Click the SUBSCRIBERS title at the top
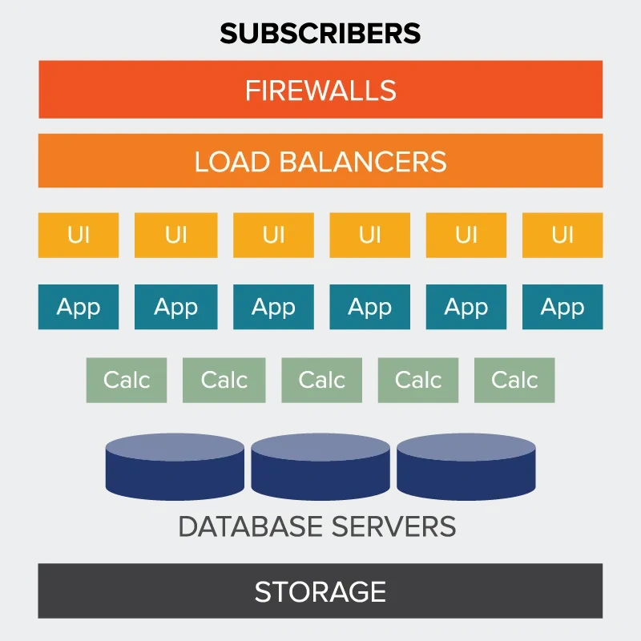pos(320,33)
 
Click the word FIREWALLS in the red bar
pos(320,90)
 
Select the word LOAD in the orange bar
pos(232,162)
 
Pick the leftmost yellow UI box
pos(79,235)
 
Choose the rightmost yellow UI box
pos(562,235)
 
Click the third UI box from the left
pos(273,235)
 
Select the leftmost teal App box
pos(79,307)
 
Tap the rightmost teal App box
pos(562,307)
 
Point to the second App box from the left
pos(175,307)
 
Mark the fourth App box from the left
pos(369,307)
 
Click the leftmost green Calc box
pos(127,380)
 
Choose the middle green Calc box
pos(321,380)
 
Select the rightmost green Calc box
pos(514,380)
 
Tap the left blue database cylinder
pos(175,467)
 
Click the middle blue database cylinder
pos(320,467)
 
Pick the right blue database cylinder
pos(466,467)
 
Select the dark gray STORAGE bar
pos(320,591)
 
